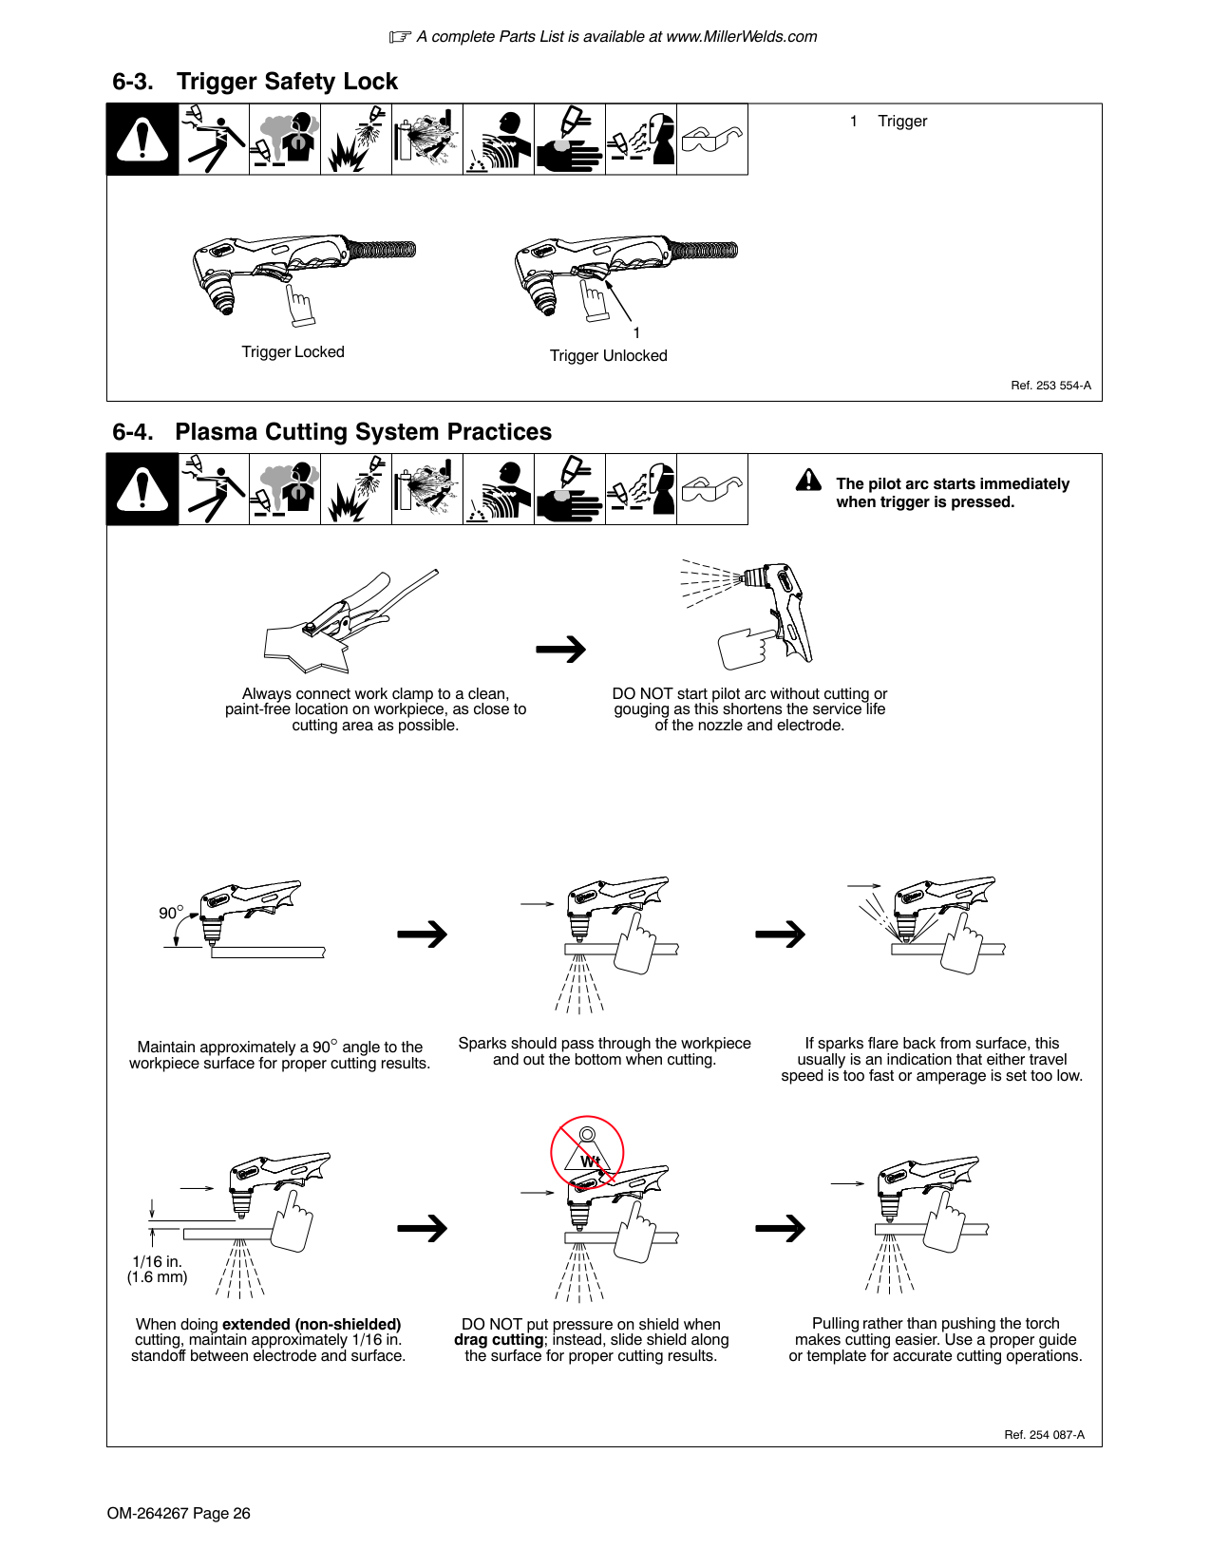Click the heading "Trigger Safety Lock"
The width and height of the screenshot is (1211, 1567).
pos(287,82)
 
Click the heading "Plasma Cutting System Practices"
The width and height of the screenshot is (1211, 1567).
pos(363,432)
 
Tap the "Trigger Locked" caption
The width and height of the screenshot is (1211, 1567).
pos(293,352)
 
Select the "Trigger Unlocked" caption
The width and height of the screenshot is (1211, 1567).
pos(608,356)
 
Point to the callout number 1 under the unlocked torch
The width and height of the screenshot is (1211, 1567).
pos(636,333)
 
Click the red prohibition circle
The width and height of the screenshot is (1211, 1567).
pos(587,1152)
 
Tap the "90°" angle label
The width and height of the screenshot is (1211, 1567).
pos(170,913)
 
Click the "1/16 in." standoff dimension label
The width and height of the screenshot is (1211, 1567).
pos(157,1262)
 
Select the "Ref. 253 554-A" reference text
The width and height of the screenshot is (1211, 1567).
pos(1050,386)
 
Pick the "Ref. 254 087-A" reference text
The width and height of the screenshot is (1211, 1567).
pos(1044,1435)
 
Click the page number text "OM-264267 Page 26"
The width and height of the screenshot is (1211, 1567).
pos(179,1514)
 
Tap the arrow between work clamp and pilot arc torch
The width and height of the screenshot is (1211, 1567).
pos(561,650)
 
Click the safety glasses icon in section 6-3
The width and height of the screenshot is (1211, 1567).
pos(712,140)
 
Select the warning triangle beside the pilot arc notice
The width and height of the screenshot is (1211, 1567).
pos(808,481)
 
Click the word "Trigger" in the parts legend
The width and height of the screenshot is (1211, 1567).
pos(902,122)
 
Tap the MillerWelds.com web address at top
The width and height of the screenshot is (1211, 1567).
pos(741,37)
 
